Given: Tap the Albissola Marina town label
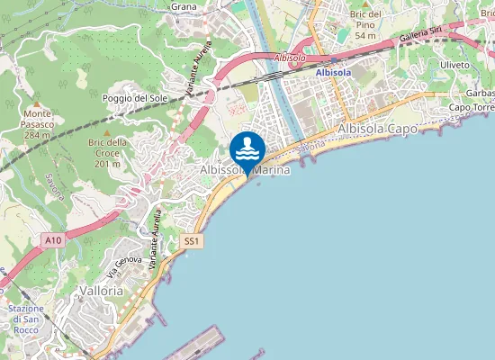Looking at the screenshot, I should [x=244, y=169].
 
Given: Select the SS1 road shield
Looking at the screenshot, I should [x=191, y=241].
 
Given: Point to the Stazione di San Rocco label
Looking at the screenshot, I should [x=27, y=314].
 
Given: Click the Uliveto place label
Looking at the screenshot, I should [x=457, y=65].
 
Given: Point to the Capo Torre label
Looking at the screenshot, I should [x=471, y=108].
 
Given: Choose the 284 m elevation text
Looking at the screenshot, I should [x=37, y=135].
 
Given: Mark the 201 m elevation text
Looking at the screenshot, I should [x=106, y=165].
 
